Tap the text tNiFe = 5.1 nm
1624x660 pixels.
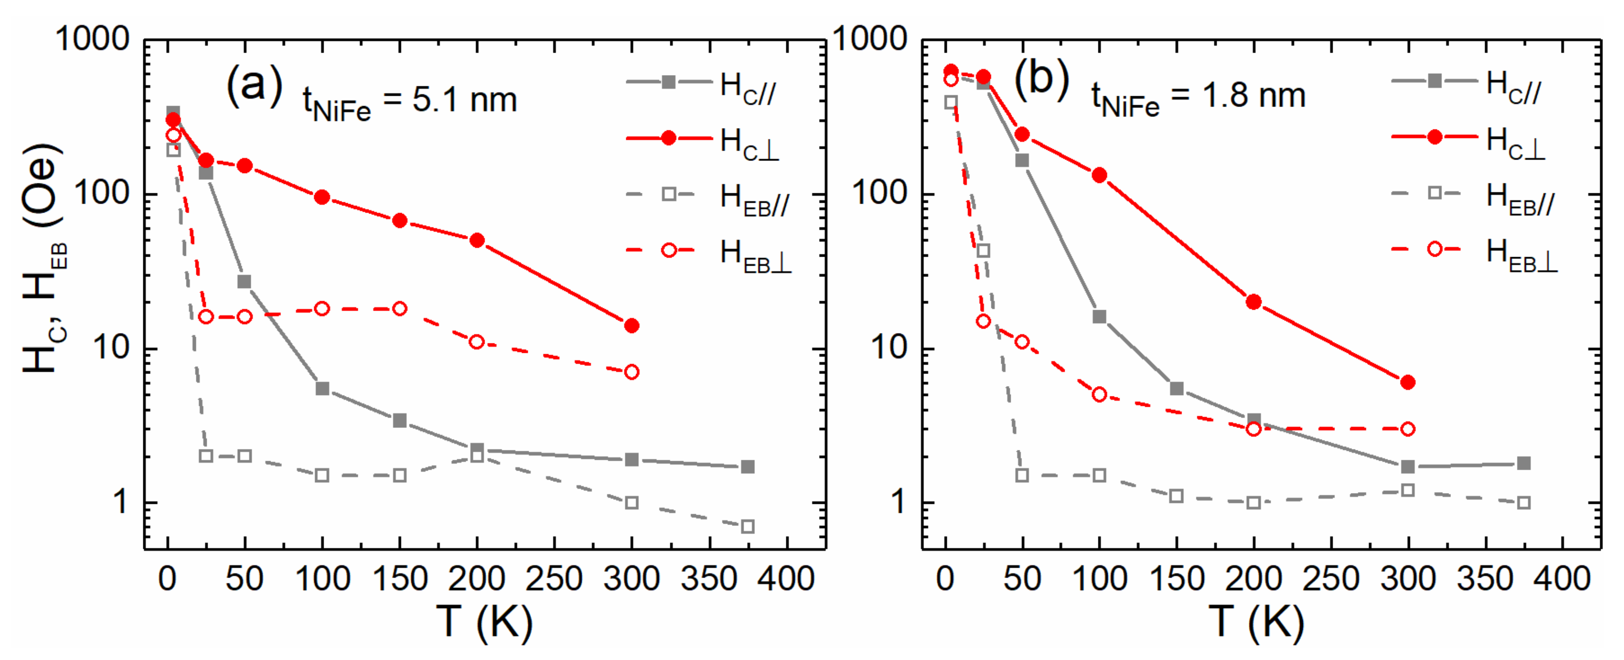410,102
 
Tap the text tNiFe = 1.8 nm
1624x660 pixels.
1198,99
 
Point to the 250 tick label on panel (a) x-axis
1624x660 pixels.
554,578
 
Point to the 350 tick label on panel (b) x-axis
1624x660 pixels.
1485,578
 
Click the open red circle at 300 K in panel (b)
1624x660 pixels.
1408,429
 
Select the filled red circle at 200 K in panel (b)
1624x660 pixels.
1254,302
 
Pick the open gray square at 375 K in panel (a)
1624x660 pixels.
747,526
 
